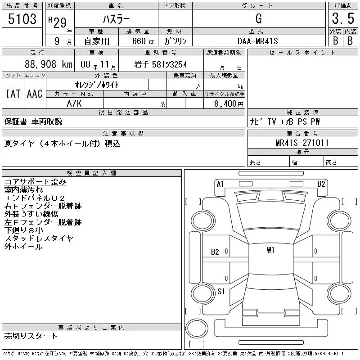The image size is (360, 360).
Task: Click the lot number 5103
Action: tap(22, 19)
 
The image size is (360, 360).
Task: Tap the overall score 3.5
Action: tap(343, 18)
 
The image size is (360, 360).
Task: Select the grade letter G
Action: tap(258, 18)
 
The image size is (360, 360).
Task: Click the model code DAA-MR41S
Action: tap(257, 41)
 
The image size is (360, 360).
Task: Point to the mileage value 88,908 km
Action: tap(49, 64)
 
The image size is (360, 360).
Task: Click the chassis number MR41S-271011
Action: tap(302, 143)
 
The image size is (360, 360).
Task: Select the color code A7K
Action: tap(74, 103)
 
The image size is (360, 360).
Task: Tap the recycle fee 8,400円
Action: tap(229, 104)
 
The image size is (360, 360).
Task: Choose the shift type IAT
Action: tap(13, 94)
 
